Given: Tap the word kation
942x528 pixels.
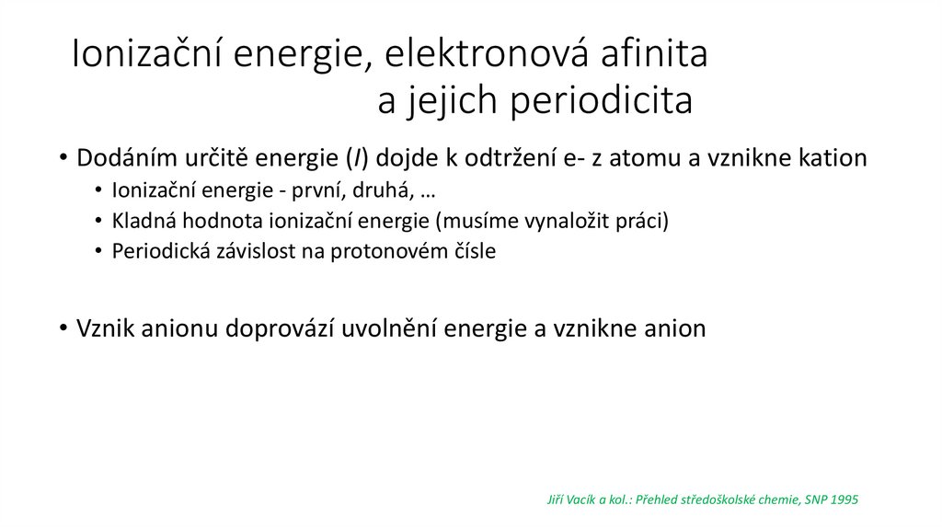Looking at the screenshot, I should (832, 158).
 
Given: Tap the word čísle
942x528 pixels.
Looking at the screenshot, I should (472, 251).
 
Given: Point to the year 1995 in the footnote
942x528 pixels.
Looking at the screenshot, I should (843, 499).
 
